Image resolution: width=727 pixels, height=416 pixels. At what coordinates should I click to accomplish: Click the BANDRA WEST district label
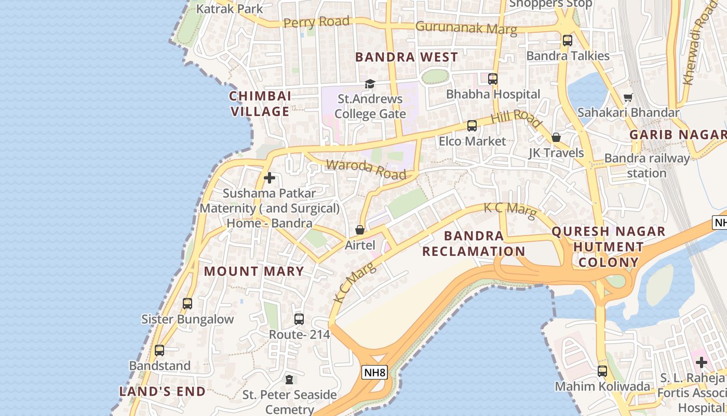point(407,57)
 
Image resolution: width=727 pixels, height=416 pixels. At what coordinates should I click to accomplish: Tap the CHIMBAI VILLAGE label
point(260,103)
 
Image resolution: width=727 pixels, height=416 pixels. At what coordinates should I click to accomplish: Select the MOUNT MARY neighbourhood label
point(253,271)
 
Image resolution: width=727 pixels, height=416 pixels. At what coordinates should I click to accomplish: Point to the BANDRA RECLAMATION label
point(474,243)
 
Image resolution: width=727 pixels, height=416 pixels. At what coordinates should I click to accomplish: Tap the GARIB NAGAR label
point(678,135)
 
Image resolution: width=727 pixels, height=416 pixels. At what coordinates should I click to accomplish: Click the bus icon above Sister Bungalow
point(187,303)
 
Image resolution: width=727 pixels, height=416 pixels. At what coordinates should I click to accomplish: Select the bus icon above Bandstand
point(159,350)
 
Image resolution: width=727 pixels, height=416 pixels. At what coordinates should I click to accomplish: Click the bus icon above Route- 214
point(299,319)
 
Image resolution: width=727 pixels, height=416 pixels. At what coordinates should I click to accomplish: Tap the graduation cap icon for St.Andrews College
point(370,84)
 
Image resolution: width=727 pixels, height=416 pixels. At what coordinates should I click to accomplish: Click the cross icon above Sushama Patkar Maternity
point(270,178)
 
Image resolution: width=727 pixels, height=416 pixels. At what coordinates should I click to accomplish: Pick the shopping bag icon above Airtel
point(360,229)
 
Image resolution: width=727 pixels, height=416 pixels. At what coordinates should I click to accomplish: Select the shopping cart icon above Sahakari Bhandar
point(628,97)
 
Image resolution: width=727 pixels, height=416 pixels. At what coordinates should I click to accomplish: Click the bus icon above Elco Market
point(472,125)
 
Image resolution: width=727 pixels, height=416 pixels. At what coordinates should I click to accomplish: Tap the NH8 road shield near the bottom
point(375,372)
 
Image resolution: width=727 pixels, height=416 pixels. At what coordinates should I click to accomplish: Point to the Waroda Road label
point(366,169)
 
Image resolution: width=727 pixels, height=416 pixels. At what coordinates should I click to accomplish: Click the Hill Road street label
point(516,118)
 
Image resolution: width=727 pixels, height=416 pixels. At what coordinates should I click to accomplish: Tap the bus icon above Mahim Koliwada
point(602,371)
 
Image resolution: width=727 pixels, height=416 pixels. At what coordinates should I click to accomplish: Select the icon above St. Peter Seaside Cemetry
point(289,380)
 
